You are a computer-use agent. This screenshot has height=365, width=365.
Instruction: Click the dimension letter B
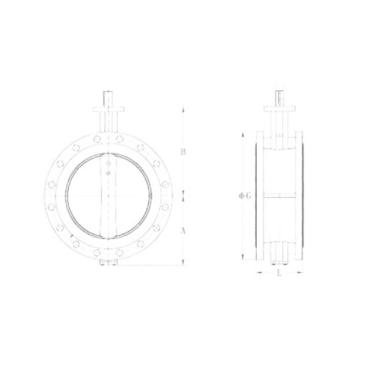(x=183, y=152)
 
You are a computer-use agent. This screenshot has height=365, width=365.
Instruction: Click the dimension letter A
(x=183, y=231)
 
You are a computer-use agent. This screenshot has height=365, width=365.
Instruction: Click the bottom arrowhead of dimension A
(x=183, y=263)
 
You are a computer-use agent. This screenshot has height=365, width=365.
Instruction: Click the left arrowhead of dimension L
(x=258, y=273)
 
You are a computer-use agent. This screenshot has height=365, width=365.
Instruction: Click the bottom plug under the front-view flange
(x=108, y=263)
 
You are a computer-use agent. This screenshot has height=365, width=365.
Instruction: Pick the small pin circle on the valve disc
(x=108, y=173)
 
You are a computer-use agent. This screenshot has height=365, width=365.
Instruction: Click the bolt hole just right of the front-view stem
(x=120, y=140)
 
